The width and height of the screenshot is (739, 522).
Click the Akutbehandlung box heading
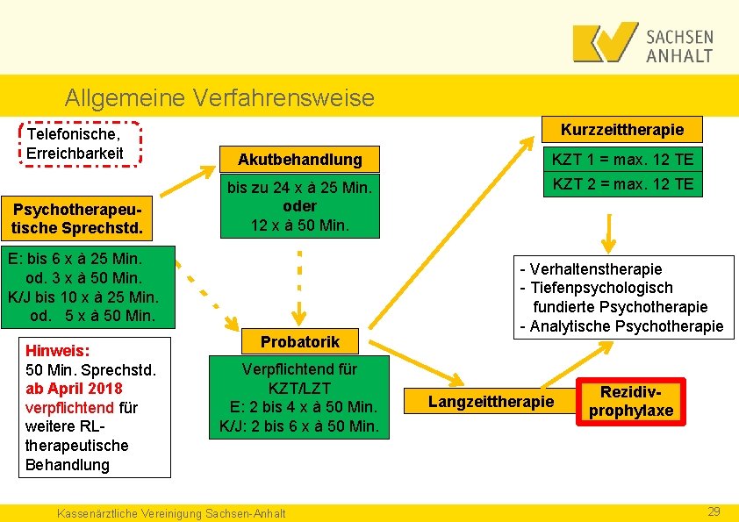point(300,160)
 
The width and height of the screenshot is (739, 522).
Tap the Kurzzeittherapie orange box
point(622,129)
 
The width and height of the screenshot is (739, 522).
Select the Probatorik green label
point(300,341)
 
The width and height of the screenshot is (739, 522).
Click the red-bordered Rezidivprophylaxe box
point(630,402)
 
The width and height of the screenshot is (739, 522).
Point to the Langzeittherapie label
point(491,401)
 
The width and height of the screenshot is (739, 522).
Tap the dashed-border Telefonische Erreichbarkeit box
point(78,144)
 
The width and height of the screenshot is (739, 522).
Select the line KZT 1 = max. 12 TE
point(622,159)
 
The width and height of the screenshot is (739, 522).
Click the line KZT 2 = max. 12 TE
point(622,183)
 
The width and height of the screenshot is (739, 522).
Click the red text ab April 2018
point(75,388)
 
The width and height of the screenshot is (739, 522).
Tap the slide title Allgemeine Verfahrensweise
point(219,97)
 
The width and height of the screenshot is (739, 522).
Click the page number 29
point(714,511)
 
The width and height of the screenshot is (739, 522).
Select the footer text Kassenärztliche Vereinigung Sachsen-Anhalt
point(170,512)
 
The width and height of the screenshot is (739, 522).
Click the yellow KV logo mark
point(605,42)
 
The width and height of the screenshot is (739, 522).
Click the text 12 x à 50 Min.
point(300,225)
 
